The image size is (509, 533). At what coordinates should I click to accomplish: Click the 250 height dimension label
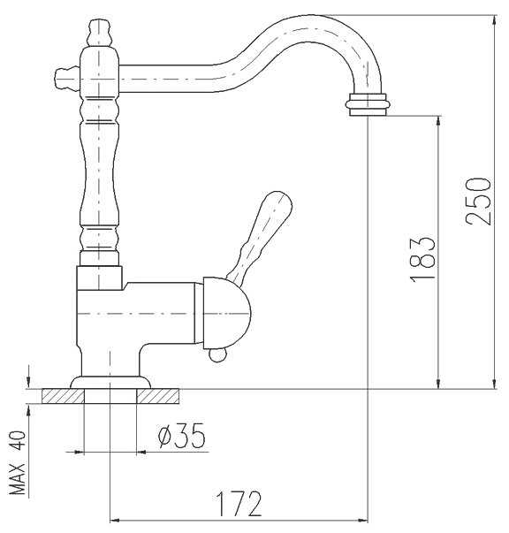click(478, 202)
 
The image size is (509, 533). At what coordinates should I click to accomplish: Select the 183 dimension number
click(422, 258)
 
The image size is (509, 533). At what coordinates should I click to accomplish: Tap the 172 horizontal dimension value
click(239, 504)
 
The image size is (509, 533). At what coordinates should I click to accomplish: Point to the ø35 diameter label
click(182, 436)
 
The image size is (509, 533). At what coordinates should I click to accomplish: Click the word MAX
click(17, 478)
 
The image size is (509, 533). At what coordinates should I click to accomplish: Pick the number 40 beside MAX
click(17, 441)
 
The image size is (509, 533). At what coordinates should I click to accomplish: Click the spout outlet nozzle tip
click(368, 104)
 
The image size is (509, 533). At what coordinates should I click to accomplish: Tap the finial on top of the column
click(99, 33)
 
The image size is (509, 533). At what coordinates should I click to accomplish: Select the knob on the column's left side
click(66, 79)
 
